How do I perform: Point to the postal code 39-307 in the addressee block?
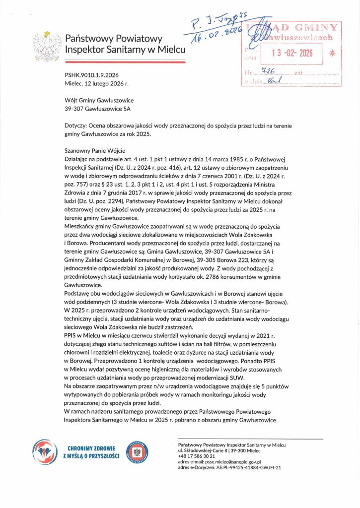coord(76,108)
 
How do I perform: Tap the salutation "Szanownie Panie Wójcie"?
coord(96,150)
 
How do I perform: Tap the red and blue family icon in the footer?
coord(45,452)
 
